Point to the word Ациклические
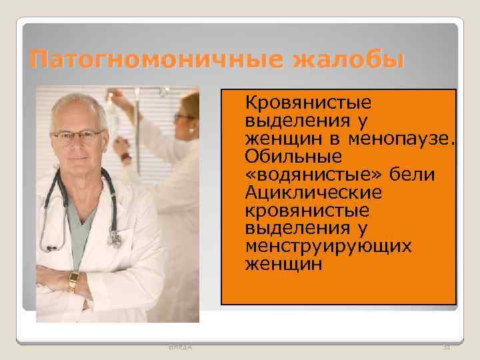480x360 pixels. [314, 193]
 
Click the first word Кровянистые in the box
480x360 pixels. [309, 104]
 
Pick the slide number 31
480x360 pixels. [447, 347]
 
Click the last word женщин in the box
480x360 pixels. [284, 264]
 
